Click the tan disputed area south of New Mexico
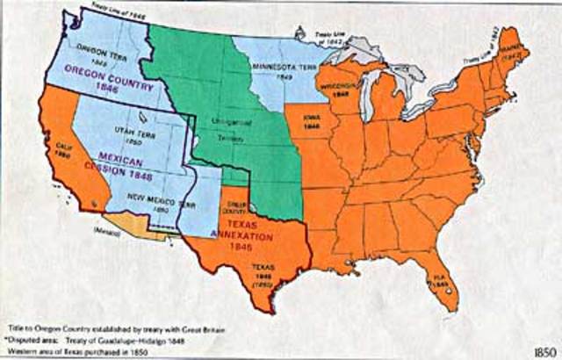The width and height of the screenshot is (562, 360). click(132, 226)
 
